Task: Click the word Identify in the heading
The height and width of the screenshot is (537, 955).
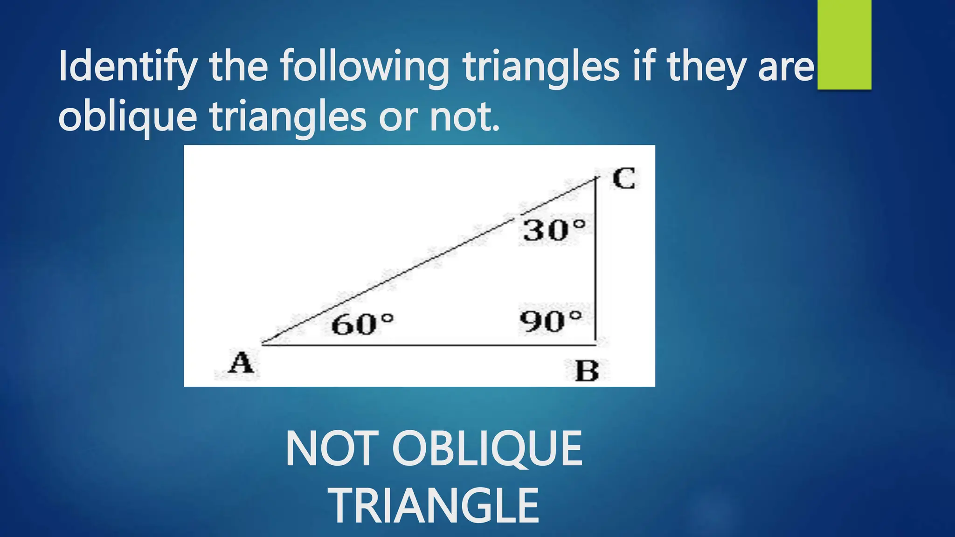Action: point(127,66)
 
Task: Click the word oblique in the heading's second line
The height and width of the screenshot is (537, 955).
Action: point(127,117)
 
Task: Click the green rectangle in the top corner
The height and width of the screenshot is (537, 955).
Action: point(844,44)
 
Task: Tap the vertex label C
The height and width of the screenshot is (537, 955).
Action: point(623,179)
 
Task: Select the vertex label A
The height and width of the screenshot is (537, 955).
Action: point(241,363)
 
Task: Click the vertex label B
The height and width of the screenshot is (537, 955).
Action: point(587,372)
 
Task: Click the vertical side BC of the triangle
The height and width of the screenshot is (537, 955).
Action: point(595,261)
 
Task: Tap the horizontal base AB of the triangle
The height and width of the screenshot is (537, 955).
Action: point(429,345)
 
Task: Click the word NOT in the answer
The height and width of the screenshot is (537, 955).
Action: point(332,449)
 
